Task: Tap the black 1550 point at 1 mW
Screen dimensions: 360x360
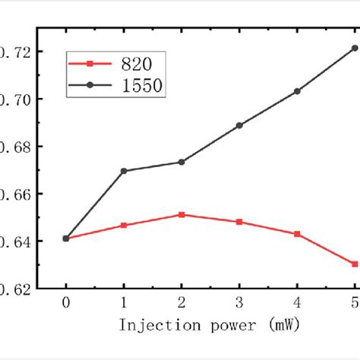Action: [124, 171]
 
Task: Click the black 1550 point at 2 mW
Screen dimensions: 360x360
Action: [182, 162]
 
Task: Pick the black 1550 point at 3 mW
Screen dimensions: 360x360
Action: [239, 125]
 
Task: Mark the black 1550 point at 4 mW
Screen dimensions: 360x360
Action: [297, 91]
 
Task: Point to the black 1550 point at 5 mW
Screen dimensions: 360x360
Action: [355, 48]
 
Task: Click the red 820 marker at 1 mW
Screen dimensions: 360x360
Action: [124, 226]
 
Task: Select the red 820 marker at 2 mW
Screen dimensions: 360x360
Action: [182, 215]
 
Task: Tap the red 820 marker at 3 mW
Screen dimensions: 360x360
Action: [239, 222]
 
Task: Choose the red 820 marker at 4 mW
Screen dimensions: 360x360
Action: [297, 234]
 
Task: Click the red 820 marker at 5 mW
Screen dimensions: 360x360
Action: [355, 264]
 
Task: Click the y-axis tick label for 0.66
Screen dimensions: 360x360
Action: [17, 194]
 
